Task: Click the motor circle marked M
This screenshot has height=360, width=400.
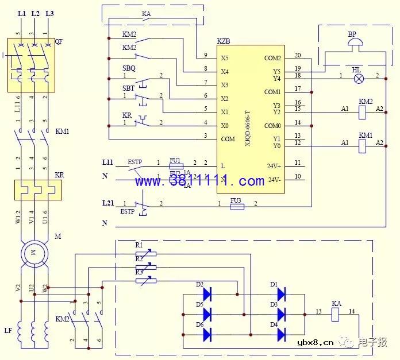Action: (x=33, y=252)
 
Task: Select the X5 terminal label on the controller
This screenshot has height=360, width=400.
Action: (x=225, y=58)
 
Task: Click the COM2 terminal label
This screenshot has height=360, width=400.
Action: (x=272, y=58)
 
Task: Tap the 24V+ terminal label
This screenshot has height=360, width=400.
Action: (x=274, y=166)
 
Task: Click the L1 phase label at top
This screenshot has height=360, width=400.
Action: (x=22, y=13)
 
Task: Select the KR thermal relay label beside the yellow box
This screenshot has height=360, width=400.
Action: (x=59, y=174)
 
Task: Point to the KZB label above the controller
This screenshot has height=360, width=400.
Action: (x=224, y=42)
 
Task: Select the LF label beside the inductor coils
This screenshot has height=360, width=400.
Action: (x=7, y=331)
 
